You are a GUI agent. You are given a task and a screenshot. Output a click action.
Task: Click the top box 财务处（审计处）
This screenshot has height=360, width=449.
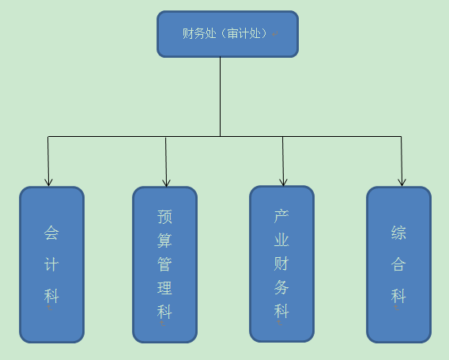click(228, 34)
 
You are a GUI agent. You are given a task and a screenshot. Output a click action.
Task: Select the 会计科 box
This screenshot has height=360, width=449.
click(52, 264)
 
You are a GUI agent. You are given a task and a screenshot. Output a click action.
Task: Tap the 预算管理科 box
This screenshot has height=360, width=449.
click(164, 264)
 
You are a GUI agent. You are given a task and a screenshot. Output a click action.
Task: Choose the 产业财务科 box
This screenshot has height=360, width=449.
click(281, 264)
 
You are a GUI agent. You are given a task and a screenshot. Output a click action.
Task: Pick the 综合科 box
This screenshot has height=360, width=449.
click(398, 264)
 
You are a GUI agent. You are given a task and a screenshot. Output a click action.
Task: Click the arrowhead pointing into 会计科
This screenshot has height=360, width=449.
click(49, 182)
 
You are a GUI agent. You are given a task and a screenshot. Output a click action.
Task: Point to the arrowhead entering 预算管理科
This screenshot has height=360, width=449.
click(166, 183)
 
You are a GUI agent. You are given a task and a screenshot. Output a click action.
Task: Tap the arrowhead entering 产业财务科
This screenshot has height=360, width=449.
click(283, 182)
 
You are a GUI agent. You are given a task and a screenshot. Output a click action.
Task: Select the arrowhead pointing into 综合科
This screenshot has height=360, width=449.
click(402, 182)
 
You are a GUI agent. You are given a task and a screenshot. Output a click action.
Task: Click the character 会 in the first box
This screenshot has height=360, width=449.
click(51, 233)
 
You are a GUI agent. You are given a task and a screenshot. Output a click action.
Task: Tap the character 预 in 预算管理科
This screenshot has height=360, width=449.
click(164, 217)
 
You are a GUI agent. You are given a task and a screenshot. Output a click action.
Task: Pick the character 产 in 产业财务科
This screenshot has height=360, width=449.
click(281, 216)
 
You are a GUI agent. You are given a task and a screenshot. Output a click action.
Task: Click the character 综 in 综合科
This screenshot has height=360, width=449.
click(398, 233)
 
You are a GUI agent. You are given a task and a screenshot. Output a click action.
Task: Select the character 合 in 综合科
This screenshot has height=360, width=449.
click(398, 264)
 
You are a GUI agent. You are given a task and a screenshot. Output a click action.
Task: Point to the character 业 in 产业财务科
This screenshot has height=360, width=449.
click(281, 240)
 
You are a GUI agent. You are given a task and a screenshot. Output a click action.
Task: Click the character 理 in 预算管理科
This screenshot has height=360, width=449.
click(164, 288)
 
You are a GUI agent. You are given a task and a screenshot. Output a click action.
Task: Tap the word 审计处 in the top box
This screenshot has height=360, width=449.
click(244, 33)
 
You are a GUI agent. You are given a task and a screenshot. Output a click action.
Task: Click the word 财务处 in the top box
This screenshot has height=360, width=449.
click(199, 33)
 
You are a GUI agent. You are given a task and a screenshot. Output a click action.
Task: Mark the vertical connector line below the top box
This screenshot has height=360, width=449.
click(221, 97)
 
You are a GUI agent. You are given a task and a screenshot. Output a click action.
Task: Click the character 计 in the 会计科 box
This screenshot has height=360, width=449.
click(51, 264)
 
